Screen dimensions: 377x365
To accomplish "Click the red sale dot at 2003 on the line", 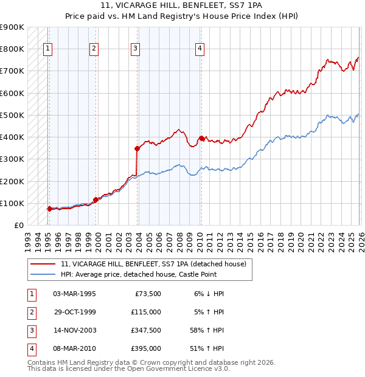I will tap(137, 148).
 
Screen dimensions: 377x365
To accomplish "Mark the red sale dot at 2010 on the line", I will tap(201, 137).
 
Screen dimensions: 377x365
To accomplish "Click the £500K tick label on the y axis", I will tap(12, 115).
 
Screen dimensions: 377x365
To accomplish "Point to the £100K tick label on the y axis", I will tap(12, 203).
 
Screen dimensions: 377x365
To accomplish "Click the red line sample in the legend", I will tap(43, 264).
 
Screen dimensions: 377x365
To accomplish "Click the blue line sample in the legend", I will tap(43, 274).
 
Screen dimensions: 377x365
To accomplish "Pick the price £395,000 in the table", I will tap(146, 348).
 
